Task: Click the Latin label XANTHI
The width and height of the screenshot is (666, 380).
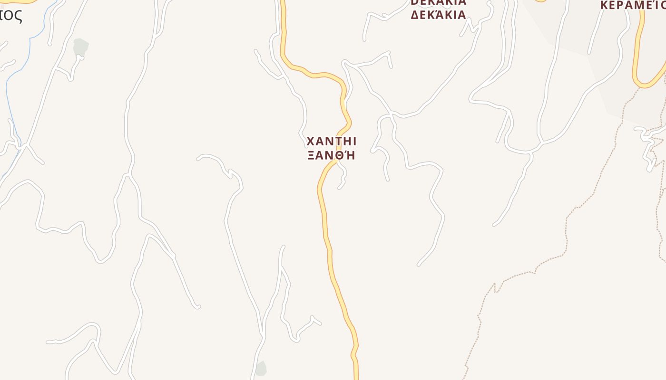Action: [x=331, y=142]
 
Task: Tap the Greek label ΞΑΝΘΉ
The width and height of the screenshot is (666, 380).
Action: [x=331, y=155]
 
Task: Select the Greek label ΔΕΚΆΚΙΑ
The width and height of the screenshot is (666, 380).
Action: [x=438, y=15]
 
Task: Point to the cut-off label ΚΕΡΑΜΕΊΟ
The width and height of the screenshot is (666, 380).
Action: [x=633, y=5]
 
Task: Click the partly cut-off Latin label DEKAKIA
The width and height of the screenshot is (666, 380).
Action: [x=438, y=2]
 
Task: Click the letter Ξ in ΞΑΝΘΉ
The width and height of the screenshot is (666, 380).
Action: [x=311, y=155]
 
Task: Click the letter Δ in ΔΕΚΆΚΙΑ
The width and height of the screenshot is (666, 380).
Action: [x=415, y=15]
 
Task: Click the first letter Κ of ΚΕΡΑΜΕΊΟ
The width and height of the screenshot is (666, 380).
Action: [x=604, y=5]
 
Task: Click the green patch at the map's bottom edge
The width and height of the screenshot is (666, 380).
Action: [x=261, y=369]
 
